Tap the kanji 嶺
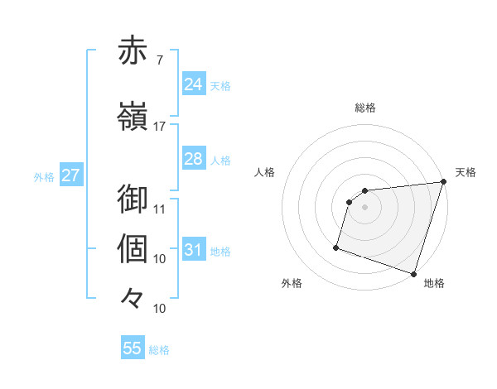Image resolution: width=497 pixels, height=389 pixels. coord(133,118)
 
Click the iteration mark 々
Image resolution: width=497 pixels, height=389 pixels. coord(133,297)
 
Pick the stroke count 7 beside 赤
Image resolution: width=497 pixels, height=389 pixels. coord(159,60)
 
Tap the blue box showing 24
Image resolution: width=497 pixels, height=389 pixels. coord(193,84)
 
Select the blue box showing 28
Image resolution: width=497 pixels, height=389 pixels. coord(193,159)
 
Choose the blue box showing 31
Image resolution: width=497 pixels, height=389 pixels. coord(193,250)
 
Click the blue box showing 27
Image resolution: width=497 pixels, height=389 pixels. coord(70,176)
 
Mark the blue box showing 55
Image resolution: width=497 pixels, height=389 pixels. coord(133,348)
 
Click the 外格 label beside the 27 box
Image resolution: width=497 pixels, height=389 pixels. coord(44,177)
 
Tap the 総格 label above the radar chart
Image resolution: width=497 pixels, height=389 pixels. coord(365,108)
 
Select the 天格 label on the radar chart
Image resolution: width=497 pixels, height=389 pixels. coord(466,172)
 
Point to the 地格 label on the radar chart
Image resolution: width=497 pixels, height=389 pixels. coord(434,283)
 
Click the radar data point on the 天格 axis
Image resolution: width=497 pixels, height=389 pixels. coord(443,182)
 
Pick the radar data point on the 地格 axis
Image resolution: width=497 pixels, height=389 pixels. coord(413,273)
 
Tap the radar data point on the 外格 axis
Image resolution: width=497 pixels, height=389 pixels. coord(336,247)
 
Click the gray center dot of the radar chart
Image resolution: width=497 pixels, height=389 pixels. coord(365,207)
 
